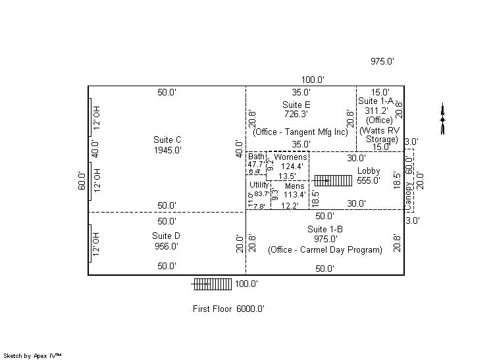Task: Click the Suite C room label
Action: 167,140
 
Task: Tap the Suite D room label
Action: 166,236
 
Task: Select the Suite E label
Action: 296,105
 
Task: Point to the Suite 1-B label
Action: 324,229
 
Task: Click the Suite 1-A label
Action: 375,101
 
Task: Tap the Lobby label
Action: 369,171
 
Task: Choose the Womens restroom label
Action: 290,157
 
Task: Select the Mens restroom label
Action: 294,186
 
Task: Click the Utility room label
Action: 259,185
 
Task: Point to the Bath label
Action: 255,157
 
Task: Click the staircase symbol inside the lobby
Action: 333,180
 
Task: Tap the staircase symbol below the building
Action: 212,284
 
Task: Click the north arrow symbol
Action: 442,120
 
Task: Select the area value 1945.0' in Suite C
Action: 167,150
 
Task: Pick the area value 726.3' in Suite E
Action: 296,114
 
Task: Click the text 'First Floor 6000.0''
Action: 228,309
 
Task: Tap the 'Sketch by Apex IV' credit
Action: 34,355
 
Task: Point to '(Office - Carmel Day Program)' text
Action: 324,250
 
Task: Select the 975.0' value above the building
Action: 382,61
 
